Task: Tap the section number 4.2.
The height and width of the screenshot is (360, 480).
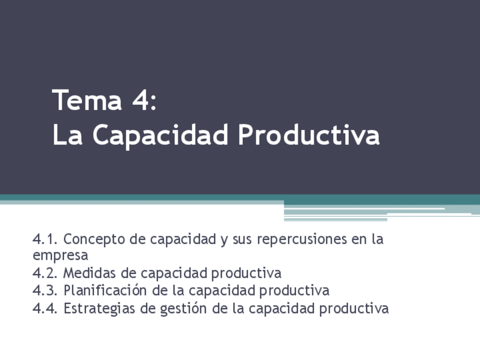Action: (45, 273)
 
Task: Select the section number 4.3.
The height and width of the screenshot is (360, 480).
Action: (45, 291)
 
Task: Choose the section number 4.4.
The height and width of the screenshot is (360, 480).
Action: (45, 308)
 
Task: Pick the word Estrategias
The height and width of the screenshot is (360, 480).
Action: (98, 309)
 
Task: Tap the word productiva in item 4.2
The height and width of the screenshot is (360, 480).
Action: (246, 274)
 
